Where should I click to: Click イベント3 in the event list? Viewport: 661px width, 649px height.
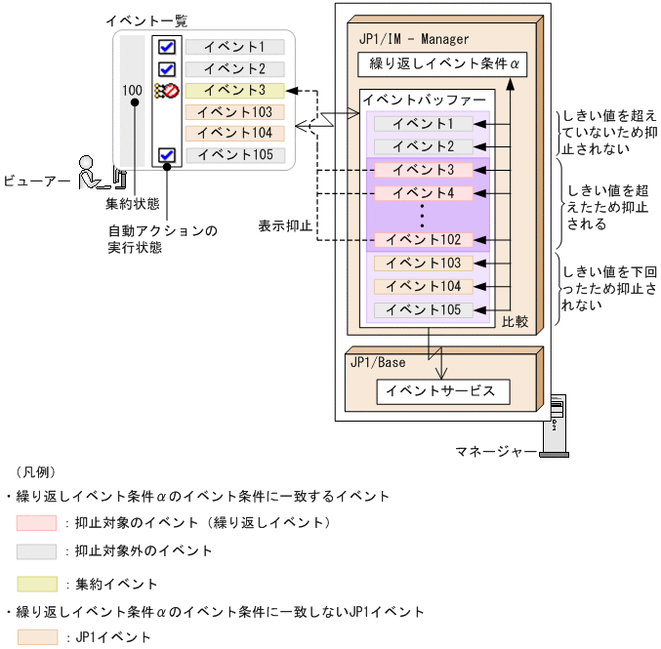pyautogui.click(x=234, y=91)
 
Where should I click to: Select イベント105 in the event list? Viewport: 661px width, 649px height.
pyautogui.click(x=234, y=154)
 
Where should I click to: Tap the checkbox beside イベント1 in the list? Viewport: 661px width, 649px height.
pyautogui.click(x=166, y=47)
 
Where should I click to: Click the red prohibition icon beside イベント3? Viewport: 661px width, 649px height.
pyautogui.click(x=170, y=91)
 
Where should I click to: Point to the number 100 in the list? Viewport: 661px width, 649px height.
pyautogui.click(x=133, y=91)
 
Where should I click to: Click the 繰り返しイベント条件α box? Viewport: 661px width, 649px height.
pyautogui.click(x=442, y=65)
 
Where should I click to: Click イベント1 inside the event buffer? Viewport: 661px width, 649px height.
pyautogui.click(x=422, y=124)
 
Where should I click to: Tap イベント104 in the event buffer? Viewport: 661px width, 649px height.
pyautogui.click(x=423, y=286)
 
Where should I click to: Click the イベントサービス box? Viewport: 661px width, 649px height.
pyautogui.click(x=442, y=391)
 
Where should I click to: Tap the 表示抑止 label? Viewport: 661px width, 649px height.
pyautogui.click(x=285, y=224)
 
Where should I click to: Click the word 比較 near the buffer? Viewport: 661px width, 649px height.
pyautogui.click(x=515, y=320)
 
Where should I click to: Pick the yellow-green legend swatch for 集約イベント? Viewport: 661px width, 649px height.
pyautogui.click(x=36, y=585)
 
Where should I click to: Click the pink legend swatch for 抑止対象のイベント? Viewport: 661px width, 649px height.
pyautogui.click(x=36, y=523)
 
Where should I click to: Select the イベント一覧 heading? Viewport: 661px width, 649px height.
pyautogui.click(x=145, y=20)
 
